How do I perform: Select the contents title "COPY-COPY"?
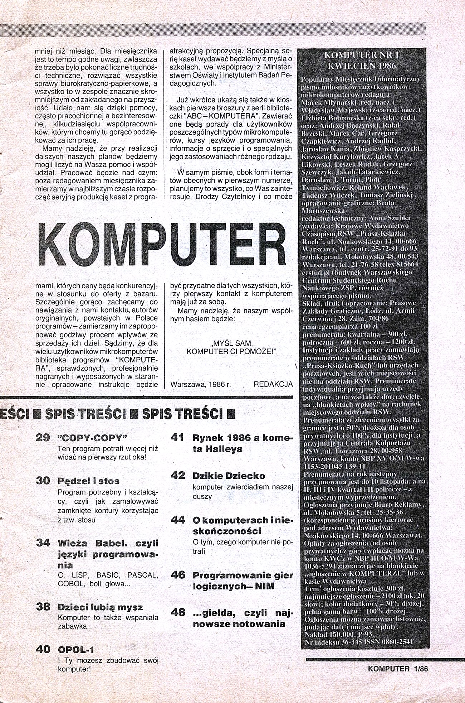pos(93,438)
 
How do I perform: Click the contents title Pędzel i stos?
pos(88,481)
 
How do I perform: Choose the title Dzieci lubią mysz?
pos(100,607)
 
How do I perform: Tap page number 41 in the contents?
pos(177,438)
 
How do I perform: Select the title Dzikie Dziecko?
pos(229,476)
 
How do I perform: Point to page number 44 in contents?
pos(177,520)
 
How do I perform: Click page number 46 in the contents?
pos(178,575)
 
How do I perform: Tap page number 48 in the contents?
pos(178,613)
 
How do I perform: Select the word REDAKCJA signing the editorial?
pos(273,384)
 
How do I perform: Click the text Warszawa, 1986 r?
pos(201,384)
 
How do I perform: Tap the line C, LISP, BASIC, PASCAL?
pos(108,576)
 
